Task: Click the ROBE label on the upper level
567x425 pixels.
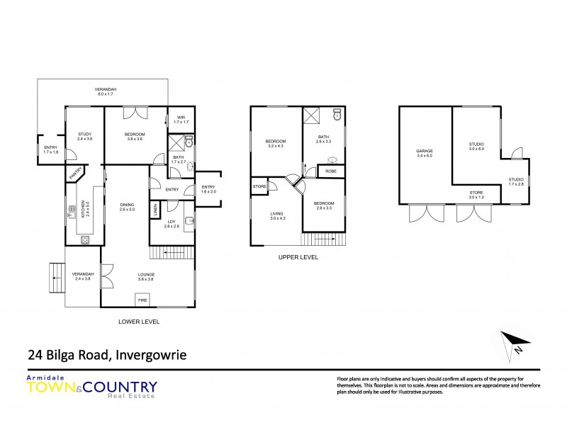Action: coord(331,171)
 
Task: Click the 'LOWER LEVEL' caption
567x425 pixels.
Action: coord(138,322)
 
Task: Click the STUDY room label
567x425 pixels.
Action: coord(85,137)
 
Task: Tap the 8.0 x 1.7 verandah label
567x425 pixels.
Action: coord(106,91)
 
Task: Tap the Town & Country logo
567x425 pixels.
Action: coord(92,387)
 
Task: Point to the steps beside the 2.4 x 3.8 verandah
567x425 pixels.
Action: coord(55,272)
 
